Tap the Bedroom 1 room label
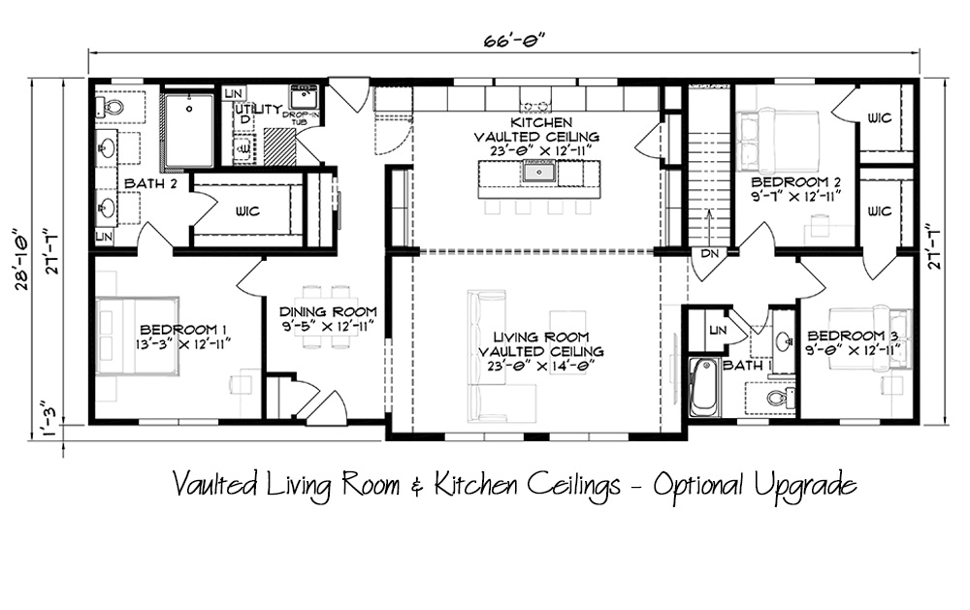(178, 329)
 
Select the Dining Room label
(327, 312)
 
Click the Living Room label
(540, 337)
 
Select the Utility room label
(258, 110)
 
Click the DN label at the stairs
(709, 253)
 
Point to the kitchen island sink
(538, 172)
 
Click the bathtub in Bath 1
(702, 387)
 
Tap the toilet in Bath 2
(110, 108)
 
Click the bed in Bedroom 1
(138, 336)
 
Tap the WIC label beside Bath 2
(247, 211)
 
